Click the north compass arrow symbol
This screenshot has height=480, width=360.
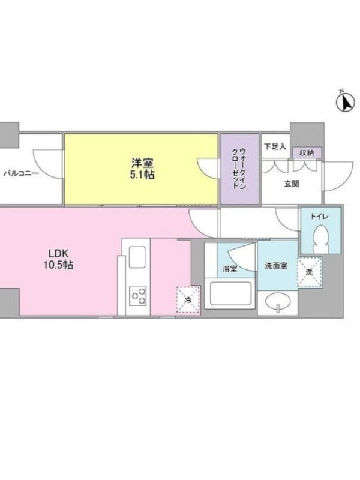coord(346,101)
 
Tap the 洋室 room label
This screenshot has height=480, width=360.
coord(142,162)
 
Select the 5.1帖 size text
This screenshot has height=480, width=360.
coord(142,175)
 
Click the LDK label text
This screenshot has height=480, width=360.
coord(58,253)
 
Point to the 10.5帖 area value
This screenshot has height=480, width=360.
coord(58,265)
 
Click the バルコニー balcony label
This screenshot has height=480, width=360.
coord(22,174)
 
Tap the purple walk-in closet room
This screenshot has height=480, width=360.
coord(239,169)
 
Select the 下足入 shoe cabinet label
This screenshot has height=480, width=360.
coord(275,146)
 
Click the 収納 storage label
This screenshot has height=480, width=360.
coord(307,153)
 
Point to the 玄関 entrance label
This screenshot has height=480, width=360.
coord(292,184)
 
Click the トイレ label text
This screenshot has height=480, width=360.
coord(319,217)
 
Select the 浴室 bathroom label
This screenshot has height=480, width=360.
coord(230,269)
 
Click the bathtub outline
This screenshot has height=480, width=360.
coord(230,293)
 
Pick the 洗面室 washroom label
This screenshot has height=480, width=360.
coord(276,266)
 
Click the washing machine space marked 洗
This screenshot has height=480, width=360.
coord(310,272)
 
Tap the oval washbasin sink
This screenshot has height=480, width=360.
coord(278,303)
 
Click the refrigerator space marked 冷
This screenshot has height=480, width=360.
coord(188,299)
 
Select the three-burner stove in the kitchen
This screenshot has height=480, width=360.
coord(137,296)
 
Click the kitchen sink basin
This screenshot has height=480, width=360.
coord(137,257)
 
